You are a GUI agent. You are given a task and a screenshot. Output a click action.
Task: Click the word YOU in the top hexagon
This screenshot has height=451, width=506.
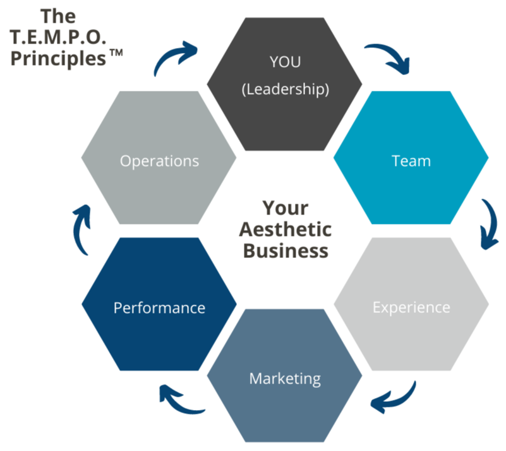click(285, 63)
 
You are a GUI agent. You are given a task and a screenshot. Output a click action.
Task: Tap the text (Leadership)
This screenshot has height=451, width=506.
click(285, 89)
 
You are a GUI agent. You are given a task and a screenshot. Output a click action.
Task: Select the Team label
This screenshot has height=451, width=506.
click(411, 161)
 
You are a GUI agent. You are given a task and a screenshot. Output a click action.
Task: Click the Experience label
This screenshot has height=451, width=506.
click(411, 307)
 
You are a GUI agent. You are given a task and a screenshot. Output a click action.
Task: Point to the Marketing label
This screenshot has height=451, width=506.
click(285, 378)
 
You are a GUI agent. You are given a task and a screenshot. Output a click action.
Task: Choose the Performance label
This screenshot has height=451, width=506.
click(159, 308)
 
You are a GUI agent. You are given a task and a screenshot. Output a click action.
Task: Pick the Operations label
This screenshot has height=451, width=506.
click(159, 161)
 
